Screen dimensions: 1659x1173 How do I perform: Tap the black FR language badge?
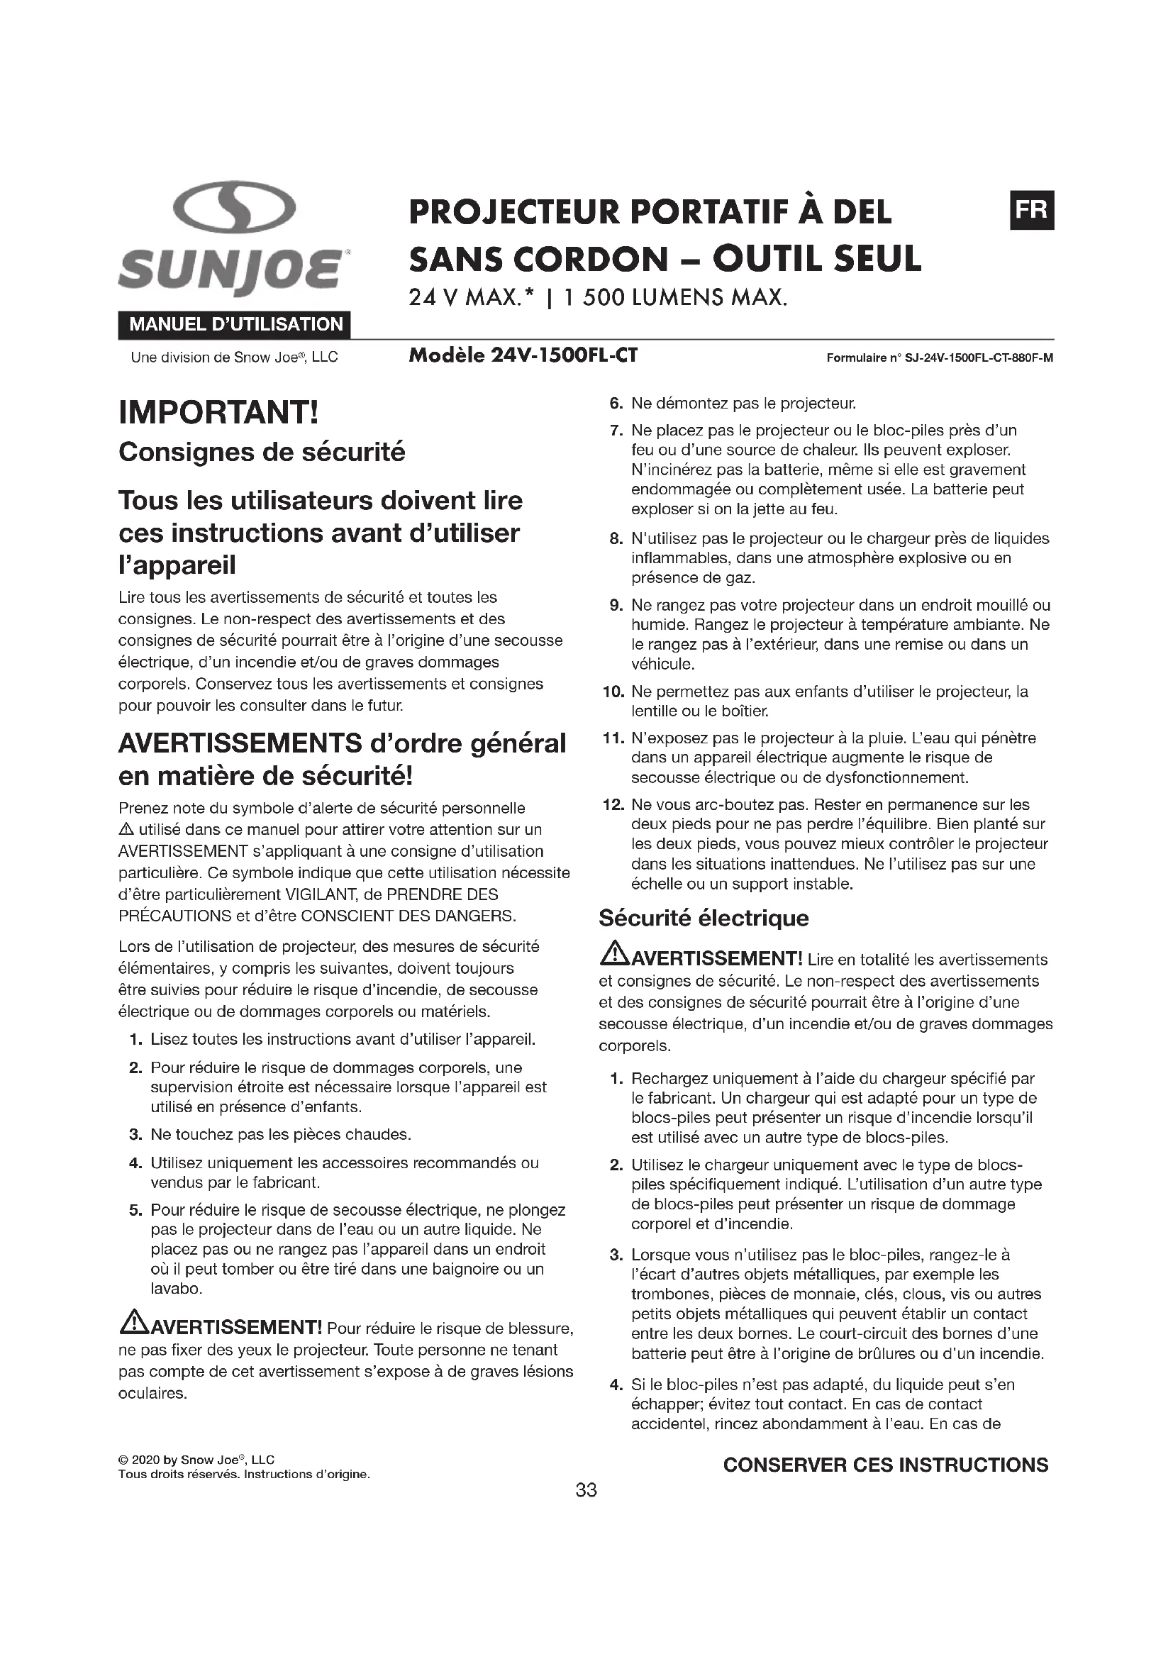(x=1031, y=210)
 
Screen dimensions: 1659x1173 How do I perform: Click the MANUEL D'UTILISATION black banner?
(x=235, y=324)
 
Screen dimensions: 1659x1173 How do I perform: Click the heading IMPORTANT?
(x=218, y=413)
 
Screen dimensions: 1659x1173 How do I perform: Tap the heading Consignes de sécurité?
(x=262, y=453)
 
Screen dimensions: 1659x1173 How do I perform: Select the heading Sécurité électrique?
(x=704, y=918)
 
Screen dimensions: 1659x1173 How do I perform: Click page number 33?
(x=586, y=1490)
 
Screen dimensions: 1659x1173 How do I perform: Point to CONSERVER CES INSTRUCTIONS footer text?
(x=886, y=1465)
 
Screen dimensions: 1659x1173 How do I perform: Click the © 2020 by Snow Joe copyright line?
(x=196, y=1460)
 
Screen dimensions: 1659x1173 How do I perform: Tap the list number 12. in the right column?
(x=613, y=804)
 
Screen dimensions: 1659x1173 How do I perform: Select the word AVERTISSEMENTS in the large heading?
(x=240, y=743)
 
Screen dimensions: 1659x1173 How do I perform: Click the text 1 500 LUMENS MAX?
(x=675, y=298)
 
